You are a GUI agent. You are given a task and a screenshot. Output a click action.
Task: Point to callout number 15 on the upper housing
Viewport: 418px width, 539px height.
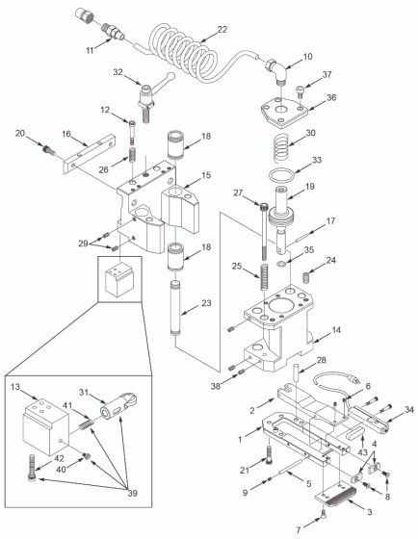205,176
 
